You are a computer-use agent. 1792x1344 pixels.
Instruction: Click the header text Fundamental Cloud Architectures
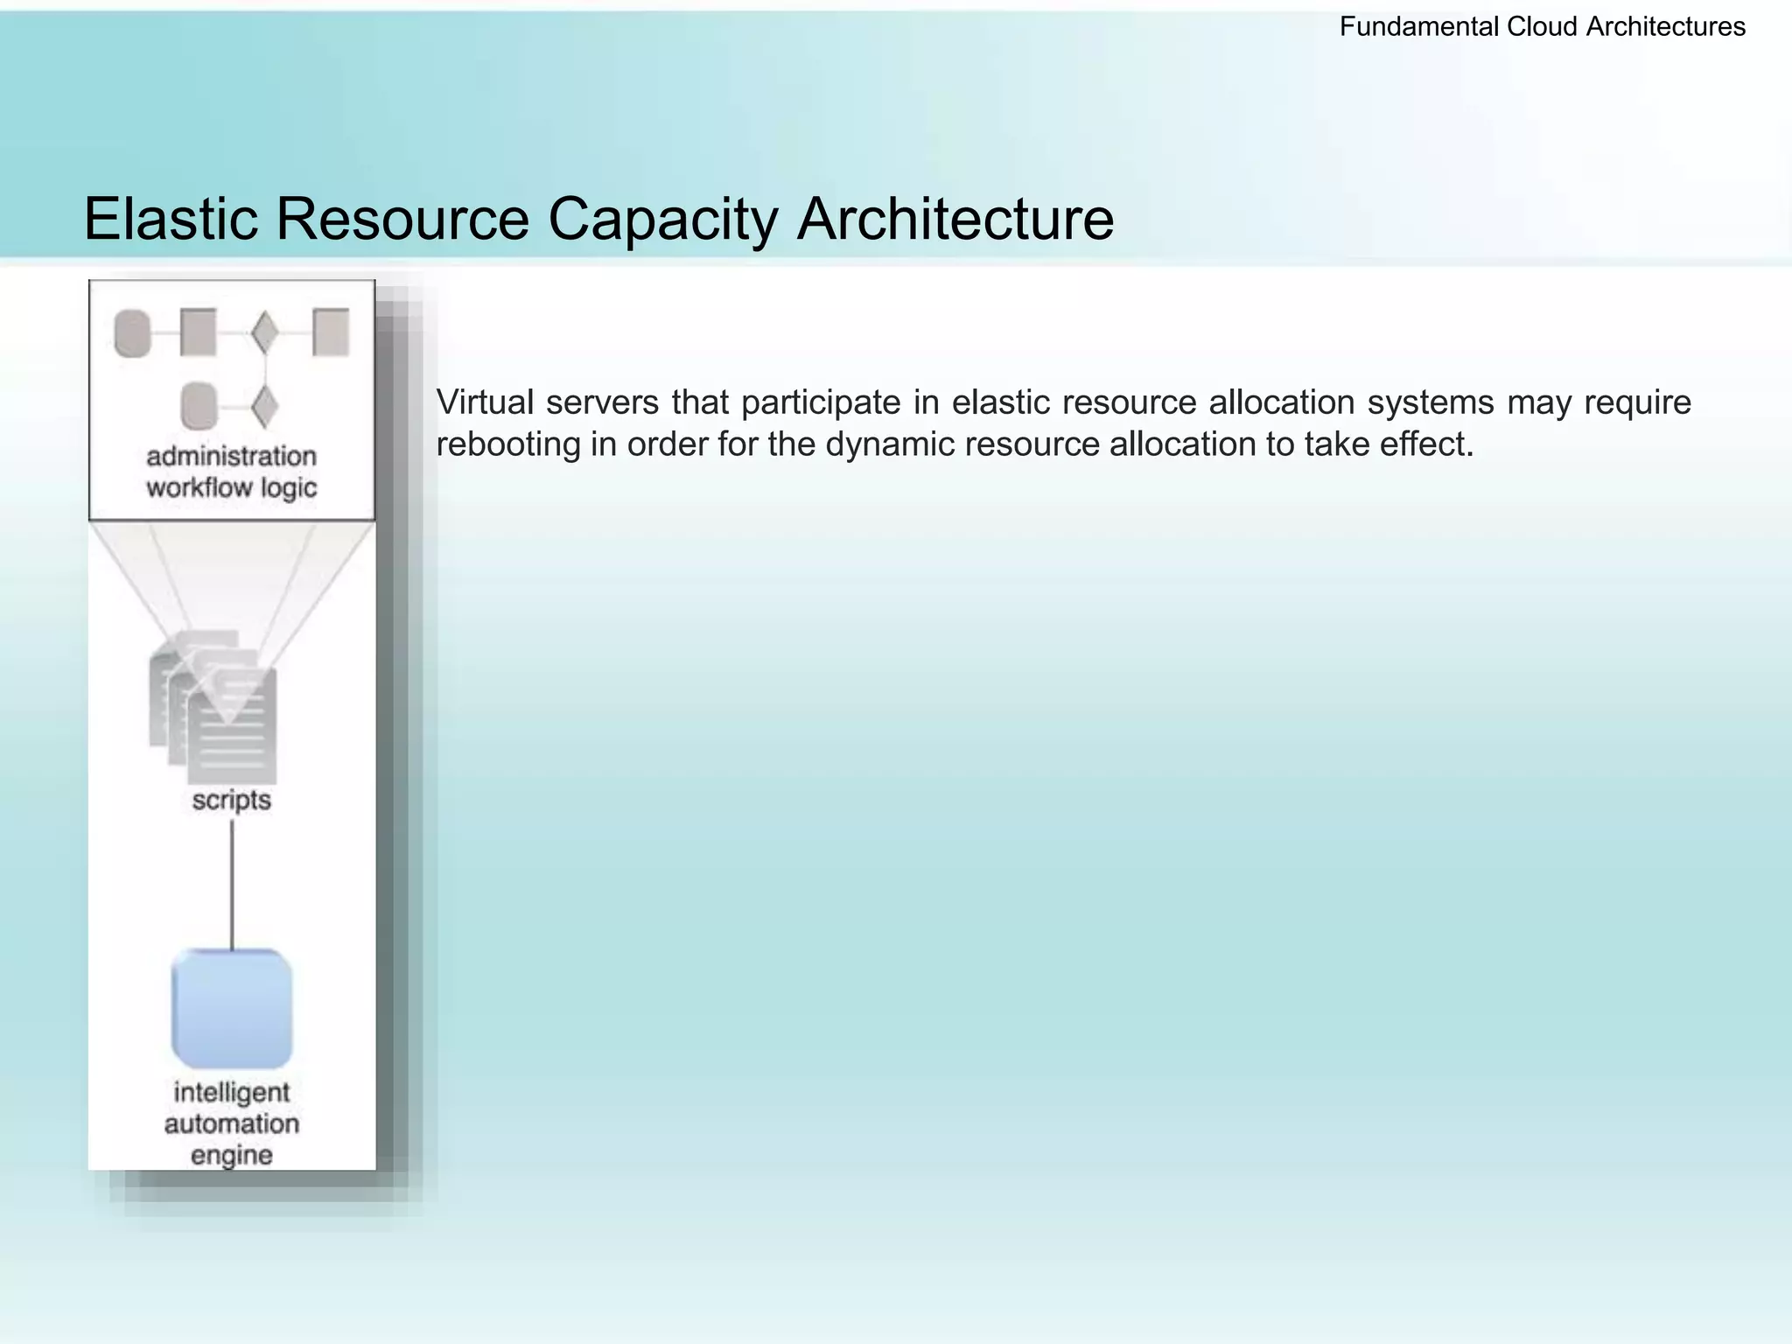coord(1542,27)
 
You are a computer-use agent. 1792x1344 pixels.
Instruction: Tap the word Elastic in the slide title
coord(171,219)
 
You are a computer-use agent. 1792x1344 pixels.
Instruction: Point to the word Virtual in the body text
coord(485,402)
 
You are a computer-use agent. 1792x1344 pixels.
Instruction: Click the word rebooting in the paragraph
coord(507,444)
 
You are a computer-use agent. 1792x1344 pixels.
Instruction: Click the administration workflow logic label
coord(231,472)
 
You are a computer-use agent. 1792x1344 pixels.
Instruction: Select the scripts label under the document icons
coord(231,800)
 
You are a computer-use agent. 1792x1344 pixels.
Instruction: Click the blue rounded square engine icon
coord(232,1008)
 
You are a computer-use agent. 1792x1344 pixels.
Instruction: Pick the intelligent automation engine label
coord(231,1123)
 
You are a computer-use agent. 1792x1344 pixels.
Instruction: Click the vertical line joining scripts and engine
coord(232,884)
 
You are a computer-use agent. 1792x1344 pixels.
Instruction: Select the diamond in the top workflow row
coord(264,333)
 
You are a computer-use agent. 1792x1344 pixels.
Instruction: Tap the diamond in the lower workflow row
coord(264,407)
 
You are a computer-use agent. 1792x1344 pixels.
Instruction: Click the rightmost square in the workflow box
coord(331,332)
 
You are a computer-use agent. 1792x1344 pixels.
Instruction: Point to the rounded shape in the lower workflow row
coord(199,407)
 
